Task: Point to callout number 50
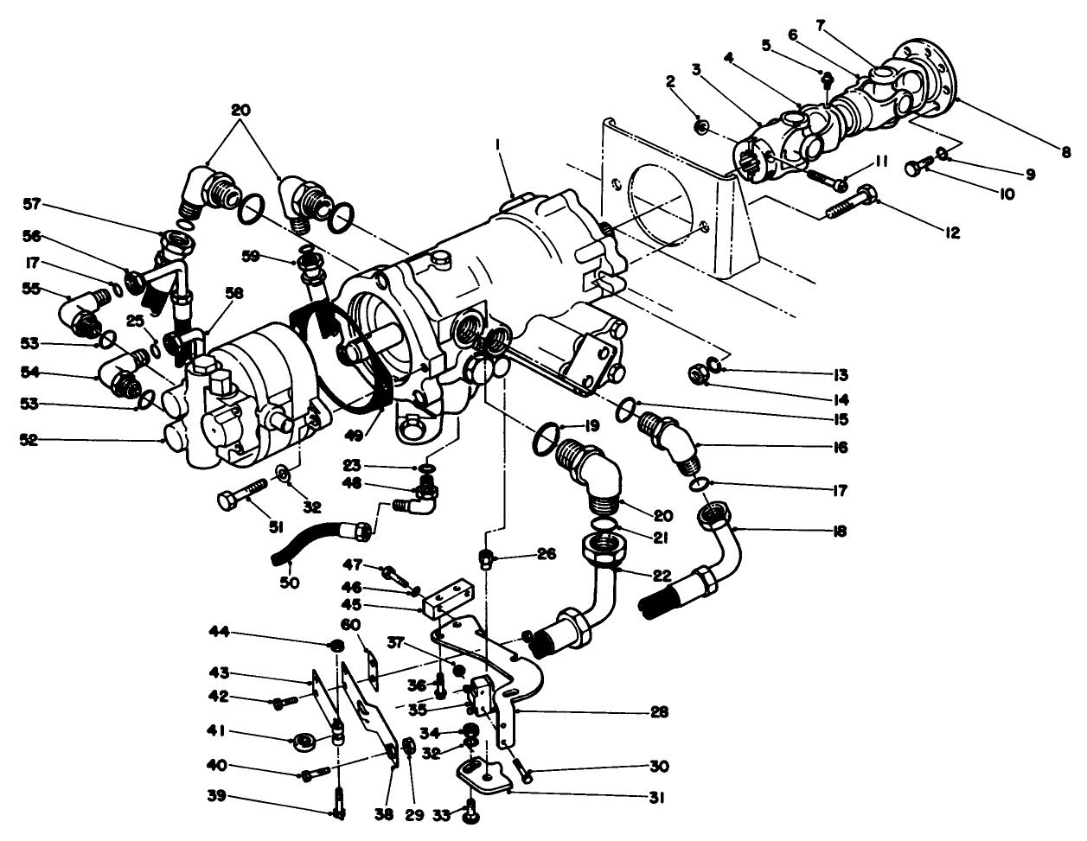tap(289, 583)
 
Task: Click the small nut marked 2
tap(702, 128)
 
